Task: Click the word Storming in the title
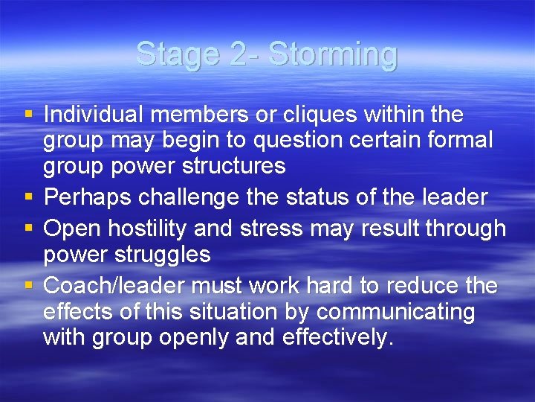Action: [333, 54]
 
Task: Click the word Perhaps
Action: [89, 197]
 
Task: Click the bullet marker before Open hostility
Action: [28, 229]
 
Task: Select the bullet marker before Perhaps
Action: [28, 197]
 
